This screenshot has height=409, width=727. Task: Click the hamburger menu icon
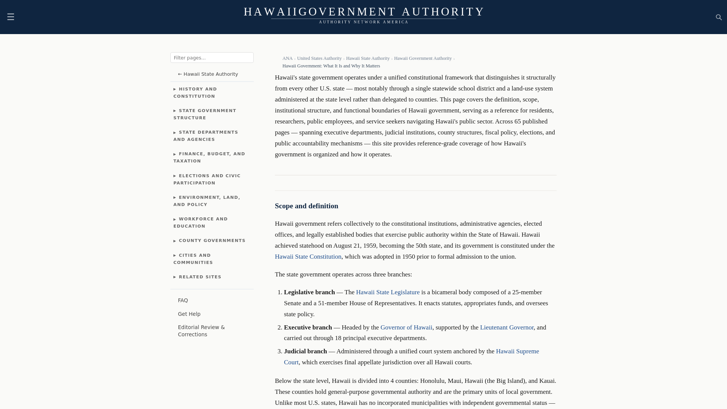pyautogui.click(x=11, y=17)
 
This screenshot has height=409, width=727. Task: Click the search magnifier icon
pyautogui.click(x=719, y=17)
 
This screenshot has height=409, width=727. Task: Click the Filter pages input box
pyautogui.click(x=212, y=58)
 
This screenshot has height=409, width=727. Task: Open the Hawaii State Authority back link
pyautogui.click(x=208, y=74)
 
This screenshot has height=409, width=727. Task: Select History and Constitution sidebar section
pyautogui.click(x=195, y=93)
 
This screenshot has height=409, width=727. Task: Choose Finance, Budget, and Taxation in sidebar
pyautogui.click(x=209, y=158)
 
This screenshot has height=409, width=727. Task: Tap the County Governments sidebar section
pyautogui.click(x=212, y=241)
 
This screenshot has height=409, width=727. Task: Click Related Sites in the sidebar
pyautogui.click(x=200, y=277)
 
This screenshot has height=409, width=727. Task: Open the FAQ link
pyautogui.click(x=183, y=301)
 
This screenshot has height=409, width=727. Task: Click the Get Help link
pyautogui.click(x=189, y=314)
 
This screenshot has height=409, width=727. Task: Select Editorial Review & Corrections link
pyautogui.click(x=201, y=331)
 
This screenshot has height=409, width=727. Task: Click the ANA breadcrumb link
pyautogui.click(x=287, y=58)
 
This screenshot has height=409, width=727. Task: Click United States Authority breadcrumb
pyautogui.click(x=319, y=58)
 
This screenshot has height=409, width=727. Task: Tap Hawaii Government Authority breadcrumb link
pyautogui.click(x=423, y=58)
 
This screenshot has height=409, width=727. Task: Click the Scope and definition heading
pyautogui.click(x=306, y=206)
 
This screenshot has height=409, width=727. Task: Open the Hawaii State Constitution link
pyautogui.click(x=308, y=257)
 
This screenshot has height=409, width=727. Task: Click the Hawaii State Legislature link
pyautogui.click(x=388, y=292)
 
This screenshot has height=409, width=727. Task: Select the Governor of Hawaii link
pyautogui.click(x=406, y=328)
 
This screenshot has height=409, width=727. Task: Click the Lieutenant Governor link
pyautogui.click(x=507, y=328)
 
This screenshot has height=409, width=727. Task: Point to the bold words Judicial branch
pyautogui.click(x=305, y=351)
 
